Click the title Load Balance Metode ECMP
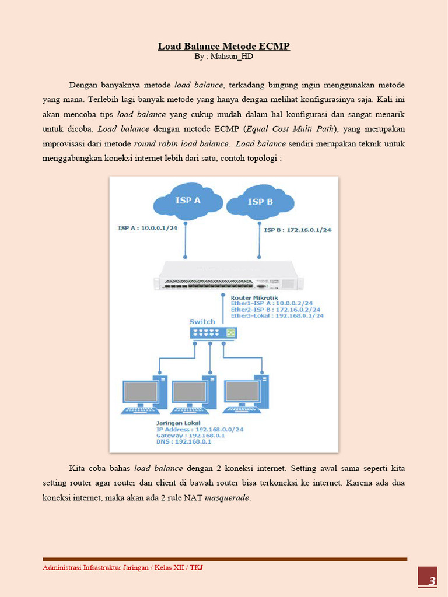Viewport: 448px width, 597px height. [x=223, y=46]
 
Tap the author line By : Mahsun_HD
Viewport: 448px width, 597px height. [x=223, y=57]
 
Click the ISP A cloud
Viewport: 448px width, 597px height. [x=188, y=202]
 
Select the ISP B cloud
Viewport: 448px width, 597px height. [x=260, y=203]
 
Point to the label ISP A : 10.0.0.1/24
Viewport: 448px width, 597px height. [x=147, y=228]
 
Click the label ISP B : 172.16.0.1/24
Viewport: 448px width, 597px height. [x=297, y=230]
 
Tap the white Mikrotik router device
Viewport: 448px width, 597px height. [x=228, y=275]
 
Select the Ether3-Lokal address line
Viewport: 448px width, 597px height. [x=277, y=315]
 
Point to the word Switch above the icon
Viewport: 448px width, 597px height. [x=202, y=322]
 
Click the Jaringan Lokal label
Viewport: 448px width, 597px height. [x=178, y=423]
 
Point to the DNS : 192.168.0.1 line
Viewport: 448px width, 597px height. [x=183, y=442]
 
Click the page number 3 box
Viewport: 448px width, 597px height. [x=428, y=581]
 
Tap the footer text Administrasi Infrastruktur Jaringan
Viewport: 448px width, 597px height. [x=97, y=567]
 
